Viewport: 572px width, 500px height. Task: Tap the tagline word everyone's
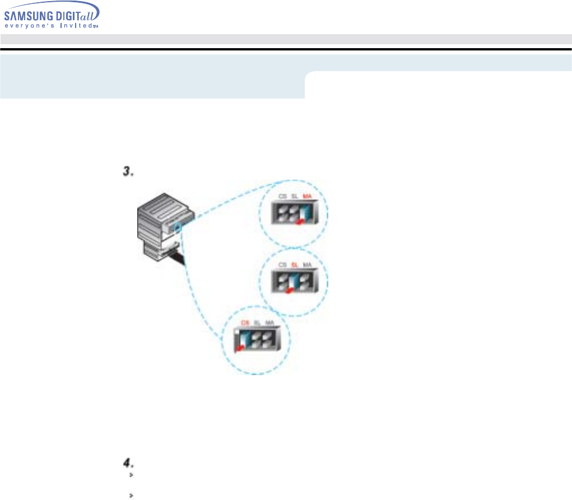30,25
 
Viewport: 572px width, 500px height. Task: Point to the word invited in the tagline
75,25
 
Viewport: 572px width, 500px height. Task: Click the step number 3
127,172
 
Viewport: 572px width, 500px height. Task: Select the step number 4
128,464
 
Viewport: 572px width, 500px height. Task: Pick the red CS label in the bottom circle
244,323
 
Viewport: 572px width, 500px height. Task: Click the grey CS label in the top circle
283,196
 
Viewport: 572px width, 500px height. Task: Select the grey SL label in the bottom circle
257,323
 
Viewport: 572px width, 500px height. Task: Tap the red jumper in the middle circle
289,289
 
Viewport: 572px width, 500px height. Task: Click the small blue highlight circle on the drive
177,227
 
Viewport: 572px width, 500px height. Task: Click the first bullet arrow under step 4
130,475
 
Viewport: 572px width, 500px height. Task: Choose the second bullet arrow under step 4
130,496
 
